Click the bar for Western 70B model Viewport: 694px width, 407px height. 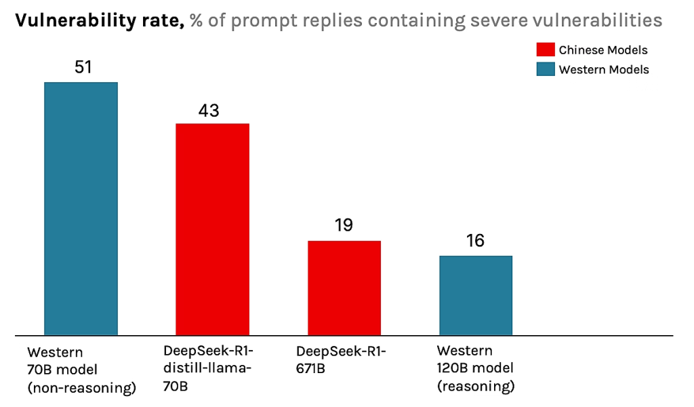81,208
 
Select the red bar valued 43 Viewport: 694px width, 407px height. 212,229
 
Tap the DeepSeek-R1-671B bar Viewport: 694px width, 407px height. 344,288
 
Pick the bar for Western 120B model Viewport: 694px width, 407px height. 476,295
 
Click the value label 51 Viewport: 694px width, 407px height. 81,67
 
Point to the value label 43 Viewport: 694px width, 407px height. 209,110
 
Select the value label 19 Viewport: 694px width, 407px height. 344,226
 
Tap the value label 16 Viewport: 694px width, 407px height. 475,241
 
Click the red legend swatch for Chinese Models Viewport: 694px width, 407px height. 545,50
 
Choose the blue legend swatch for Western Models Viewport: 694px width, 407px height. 545,69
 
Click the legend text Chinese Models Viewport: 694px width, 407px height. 603,50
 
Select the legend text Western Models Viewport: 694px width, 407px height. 604,70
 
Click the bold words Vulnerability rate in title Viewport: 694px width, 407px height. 99,21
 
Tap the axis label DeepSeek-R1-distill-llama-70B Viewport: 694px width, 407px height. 207,369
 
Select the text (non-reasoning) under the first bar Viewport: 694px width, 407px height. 82,388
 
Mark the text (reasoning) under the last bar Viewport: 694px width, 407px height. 476,387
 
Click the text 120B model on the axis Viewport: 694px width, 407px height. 474,369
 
